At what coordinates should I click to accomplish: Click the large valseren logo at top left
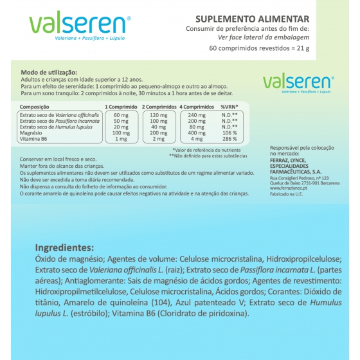pyautogui.click(x=80, y=24)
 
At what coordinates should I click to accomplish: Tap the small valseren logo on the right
pyautogui.click(x=298, y=81)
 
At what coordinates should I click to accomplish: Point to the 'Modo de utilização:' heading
pyautogui.click(x=49, y=73)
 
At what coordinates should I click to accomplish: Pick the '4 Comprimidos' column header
pyautogui.click(x=196, y=106)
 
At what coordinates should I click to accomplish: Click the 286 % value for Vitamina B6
pyautogui.click(x=230, y=139)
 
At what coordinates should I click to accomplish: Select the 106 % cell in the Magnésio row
pyautogui.click(x=230, y=132)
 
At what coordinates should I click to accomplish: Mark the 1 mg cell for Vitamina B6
pyautogui.click(x=121, y=139)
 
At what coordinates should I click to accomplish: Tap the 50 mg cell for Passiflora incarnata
pyautogui.click(x=121, y=121)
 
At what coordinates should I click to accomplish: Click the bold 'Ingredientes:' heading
pyautogui.click(x=65, y=248)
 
